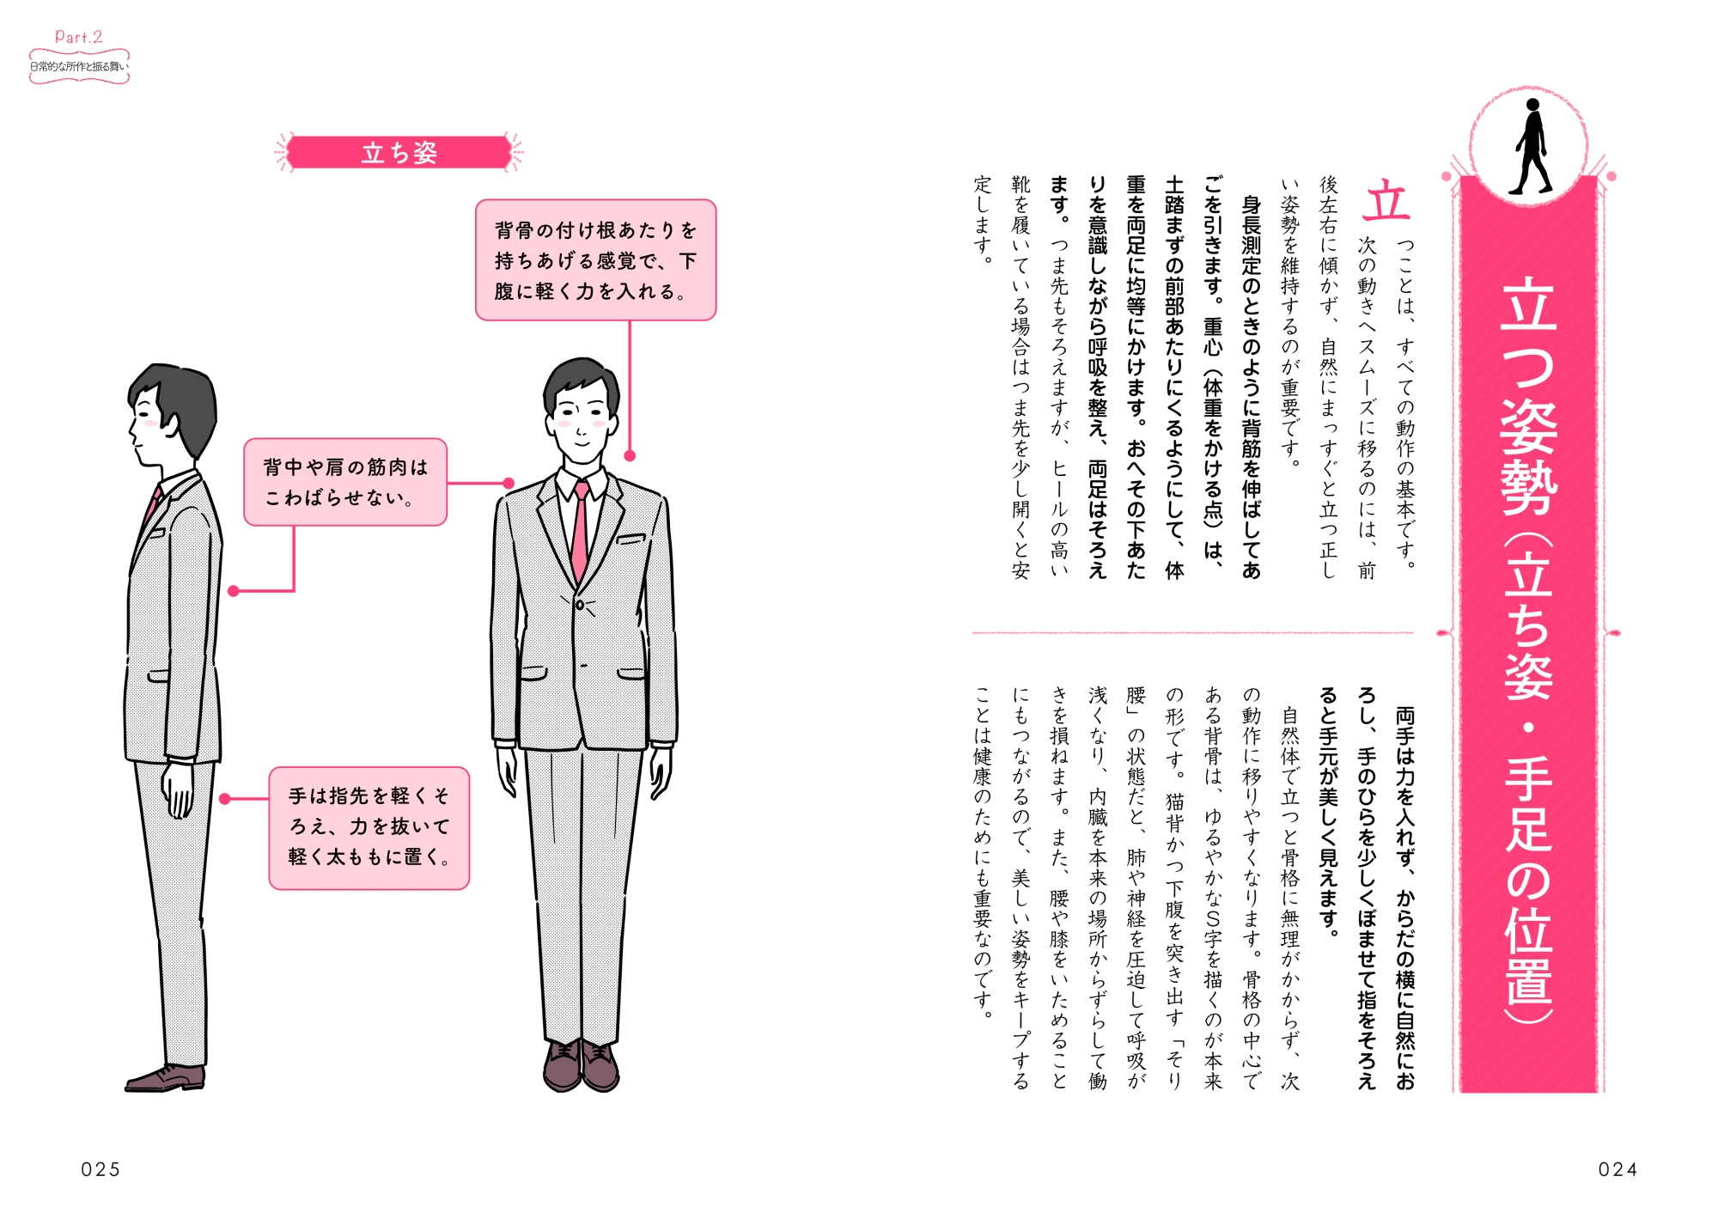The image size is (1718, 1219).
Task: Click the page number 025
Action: pyautogui.click(x=101, y=1169)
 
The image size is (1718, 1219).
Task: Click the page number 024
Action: pyautogui.click(x=1617, y=1169)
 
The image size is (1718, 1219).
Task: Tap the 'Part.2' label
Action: pyautogui.click(x=78, y=36)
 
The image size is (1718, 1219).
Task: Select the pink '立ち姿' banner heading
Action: pyautogui.click(x=399, y=153)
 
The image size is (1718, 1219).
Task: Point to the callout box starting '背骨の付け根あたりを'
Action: pyautogui.click(x=595, y=260)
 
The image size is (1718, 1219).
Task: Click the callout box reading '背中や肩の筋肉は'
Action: pyautogui.click(x=345, y=482)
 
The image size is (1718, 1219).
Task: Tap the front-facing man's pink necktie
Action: pyautogui.click(x=581, y=533)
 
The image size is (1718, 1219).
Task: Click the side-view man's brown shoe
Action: pyautogui.click(x=166, y=1079)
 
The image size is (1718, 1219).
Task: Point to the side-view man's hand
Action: pyautogui.click(x=180, y=789)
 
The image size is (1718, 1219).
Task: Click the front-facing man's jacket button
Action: pyautogui.click(x=580, y=606)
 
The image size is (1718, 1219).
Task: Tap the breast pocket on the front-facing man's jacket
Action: pyautogui.click(x=631, y=539)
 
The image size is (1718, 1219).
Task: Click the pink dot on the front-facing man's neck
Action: pyautogui.click(x=630, y=456)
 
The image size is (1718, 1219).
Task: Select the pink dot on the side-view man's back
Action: pyautogui.click(x=234, y=591)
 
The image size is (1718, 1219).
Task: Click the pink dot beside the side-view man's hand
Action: pyautogui.click(x=225, y=799)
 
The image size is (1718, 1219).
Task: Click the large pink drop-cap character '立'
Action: pyautogui.click(x=1386, y=202)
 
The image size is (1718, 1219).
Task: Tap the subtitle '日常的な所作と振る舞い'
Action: pyautogui.click(x=79, y=66)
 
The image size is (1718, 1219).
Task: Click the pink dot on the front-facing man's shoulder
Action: pyautogui.click(x=509, y=484)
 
